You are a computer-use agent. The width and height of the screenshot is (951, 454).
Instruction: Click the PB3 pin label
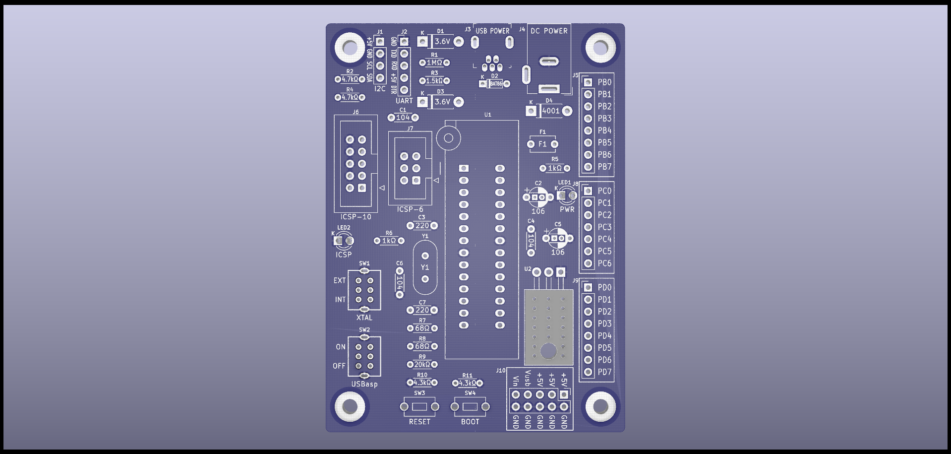point(604,119)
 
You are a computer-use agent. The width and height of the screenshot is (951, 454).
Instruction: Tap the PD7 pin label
point(604,372)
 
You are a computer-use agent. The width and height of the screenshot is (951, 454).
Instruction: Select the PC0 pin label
point(604,191)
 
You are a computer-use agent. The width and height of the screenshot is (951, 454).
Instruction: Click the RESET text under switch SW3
point(419,422)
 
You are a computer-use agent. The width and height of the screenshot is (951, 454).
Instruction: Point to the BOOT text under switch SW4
point(470,422)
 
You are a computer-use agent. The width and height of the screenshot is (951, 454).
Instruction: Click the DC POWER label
point(549,31)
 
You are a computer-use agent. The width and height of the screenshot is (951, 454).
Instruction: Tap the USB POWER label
point(492,31)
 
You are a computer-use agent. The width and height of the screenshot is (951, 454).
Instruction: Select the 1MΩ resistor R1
point(434,63)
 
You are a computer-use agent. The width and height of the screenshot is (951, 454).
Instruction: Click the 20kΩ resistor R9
point(422,365)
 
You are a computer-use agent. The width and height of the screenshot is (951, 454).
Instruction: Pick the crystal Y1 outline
point(425,267)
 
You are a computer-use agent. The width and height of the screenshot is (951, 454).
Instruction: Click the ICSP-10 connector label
point(356,217)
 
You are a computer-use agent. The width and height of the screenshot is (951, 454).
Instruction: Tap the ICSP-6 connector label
point(410,209)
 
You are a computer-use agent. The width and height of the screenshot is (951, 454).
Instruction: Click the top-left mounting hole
point(350,48)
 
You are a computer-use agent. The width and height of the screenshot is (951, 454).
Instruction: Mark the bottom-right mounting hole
point(600,406)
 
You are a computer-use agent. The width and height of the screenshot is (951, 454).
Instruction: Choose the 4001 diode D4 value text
point(550,111)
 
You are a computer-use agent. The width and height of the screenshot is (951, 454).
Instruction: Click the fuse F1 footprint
point(542,144)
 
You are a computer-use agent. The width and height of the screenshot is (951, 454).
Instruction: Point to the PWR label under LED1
point(567,209)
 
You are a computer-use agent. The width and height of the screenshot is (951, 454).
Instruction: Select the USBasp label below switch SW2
point(364,384)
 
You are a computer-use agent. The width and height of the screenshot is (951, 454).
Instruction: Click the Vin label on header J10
point(516,381)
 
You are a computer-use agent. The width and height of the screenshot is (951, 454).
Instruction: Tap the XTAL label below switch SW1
point(364,318)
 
